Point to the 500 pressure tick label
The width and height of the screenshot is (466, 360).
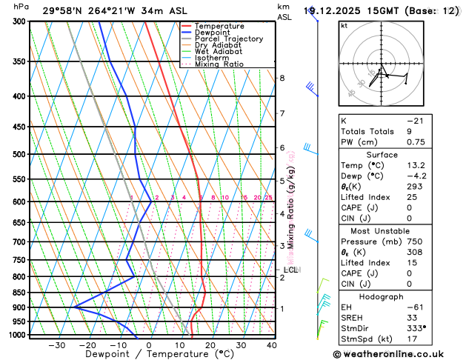(19, 154)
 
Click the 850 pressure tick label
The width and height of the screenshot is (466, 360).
(19, 293)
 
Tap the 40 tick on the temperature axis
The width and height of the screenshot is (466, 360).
(272, 345)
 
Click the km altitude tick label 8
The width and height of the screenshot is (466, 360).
(282, 78)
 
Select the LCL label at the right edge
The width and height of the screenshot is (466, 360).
(290, 270)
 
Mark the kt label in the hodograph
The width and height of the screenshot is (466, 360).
(344, 24)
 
